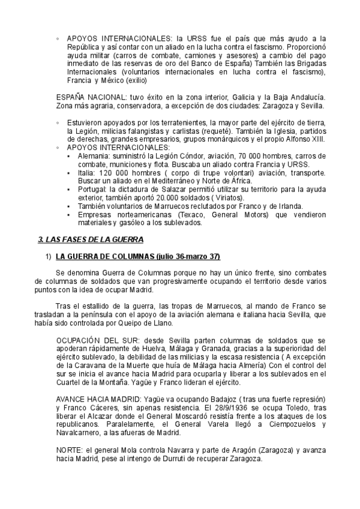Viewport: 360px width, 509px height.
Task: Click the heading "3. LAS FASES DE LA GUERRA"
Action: (90, 239)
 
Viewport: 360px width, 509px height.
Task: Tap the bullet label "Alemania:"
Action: (88, 155)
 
